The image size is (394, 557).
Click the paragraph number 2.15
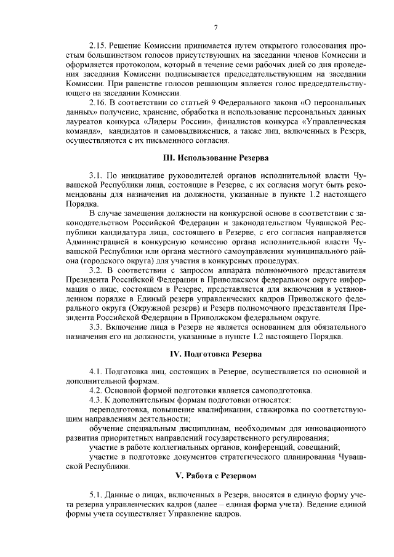click(98, 46)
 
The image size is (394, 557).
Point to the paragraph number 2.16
click(98, 102)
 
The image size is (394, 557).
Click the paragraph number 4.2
click(96, 391)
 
